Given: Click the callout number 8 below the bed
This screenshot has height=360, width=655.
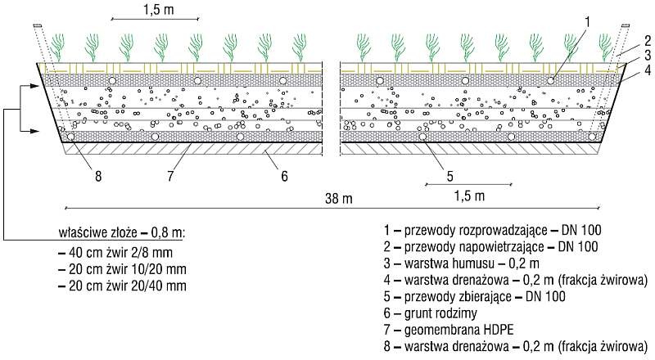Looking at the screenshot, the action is click(x=98, y=176).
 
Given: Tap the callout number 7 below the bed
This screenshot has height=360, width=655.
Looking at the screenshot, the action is click(x=170, y=176).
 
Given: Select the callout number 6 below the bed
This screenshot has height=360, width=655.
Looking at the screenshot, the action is click(x=284, y=176).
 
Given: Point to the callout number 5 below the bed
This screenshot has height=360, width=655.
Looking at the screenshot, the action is click(x=449, y=176).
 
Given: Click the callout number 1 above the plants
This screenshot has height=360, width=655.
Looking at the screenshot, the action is click(x=588, y=23).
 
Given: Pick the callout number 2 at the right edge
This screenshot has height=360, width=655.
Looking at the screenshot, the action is click(x=647, y=41).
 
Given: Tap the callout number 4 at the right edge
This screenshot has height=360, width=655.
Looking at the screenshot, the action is click(x=647, y=70).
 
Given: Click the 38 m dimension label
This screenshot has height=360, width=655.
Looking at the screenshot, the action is click(x=339, y=198).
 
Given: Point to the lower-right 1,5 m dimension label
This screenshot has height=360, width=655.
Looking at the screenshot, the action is click(x=469, y=196).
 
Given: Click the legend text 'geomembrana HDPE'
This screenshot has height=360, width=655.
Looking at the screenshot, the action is click(x=458, y=330).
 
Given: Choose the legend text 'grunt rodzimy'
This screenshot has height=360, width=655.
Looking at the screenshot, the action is click(x=440, y=313).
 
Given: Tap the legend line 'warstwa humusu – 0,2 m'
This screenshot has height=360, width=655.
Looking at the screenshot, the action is click(x=472, y=263).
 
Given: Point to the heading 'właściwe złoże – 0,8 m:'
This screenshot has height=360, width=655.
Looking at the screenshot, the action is click(x=122, y=232).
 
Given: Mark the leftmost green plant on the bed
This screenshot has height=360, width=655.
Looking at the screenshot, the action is click(x=58, y=47).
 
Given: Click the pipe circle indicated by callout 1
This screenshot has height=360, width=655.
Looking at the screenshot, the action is click(x=550, y=81).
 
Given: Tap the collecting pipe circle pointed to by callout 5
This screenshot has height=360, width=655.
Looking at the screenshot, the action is click(x=422, y=137).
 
